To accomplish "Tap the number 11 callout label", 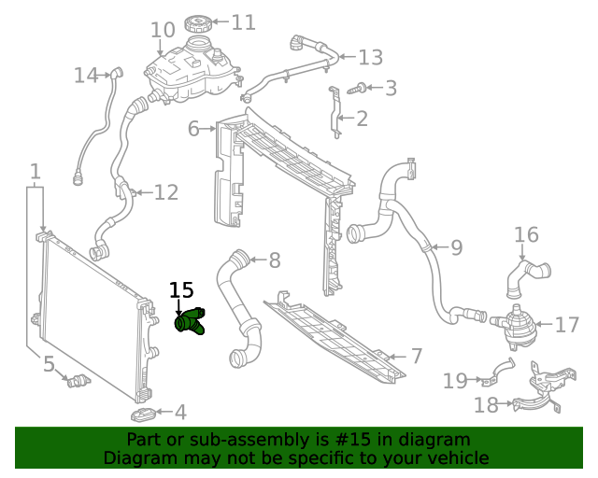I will (243, 21).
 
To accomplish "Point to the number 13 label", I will (370, 58).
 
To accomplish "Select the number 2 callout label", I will (362, 119).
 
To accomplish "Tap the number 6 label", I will (193, 128).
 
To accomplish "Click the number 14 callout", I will (86, 75).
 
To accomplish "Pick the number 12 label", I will (165, 193).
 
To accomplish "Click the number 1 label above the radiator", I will (35, 172).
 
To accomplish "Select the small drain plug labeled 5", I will (78, 380).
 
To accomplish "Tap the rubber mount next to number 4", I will (142, 413).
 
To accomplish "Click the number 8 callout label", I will (274, 260).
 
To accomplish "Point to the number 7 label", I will (417, 356).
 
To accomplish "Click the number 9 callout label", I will (456, 247).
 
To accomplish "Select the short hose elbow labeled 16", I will (529, 271).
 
